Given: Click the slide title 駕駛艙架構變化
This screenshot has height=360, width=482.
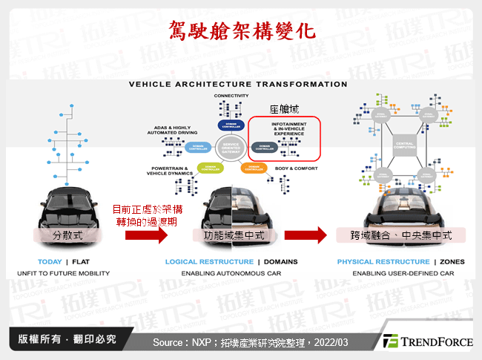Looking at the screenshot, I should (240, 30).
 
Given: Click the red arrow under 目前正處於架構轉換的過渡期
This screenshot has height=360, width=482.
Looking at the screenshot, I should (146, 235).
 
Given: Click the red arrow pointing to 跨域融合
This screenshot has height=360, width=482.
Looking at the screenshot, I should (305, 235).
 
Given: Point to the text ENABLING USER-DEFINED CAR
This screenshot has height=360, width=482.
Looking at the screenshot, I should (403, 274).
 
